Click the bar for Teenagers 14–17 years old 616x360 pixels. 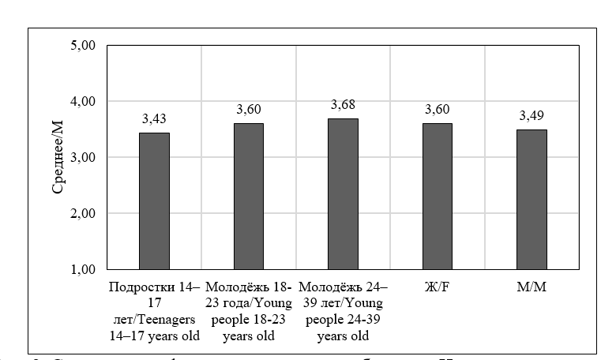154,201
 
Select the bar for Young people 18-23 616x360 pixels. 248,197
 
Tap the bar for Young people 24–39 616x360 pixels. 343,194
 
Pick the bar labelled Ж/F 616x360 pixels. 438,197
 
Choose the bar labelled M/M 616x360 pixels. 531,200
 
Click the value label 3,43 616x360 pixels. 154,119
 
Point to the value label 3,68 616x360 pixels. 343,105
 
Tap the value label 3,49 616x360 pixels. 531,116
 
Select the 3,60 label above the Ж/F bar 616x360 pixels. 438,110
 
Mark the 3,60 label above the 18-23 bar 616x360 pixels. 248,110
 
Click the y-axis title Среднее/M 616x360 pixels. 57,158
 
